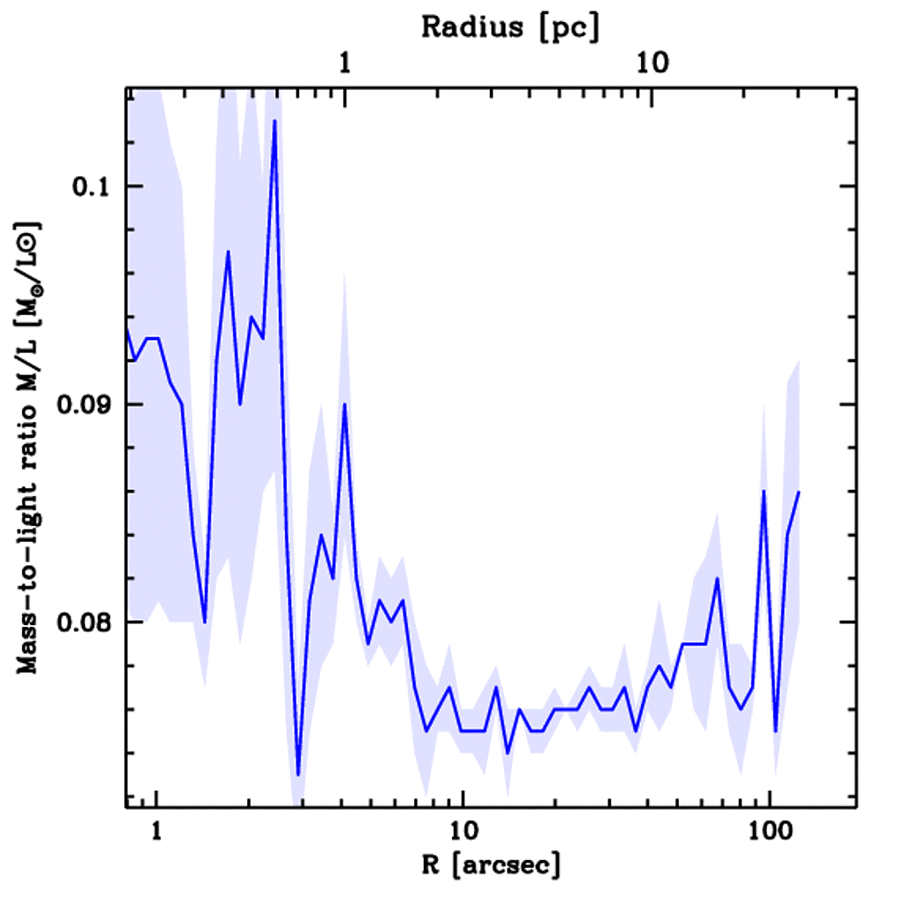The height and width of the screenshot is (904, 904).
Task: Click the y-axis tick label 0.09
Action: click(81, 405)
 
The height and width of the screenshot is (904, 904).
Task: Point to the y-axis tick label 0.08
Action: click(81, 623)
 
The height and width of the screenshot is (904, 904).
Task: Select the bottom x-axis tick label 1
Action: click(156, 832)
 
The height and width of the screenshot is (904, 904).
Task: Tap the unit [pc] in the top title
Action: click(573, 26)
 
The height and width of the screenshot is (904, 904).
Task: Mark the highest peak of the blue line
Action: click(275, 120)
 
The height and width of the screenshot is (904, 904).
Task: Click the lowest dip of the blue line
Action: click(298, 775)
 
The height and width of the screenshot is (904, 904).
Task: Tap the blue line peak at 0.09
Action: click(345, 404)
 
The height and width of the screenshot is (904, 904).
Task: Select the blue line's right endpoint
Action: click(799, 492)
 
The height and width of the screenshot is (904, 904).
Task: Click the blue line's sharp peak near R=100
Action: click(764, 492)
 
